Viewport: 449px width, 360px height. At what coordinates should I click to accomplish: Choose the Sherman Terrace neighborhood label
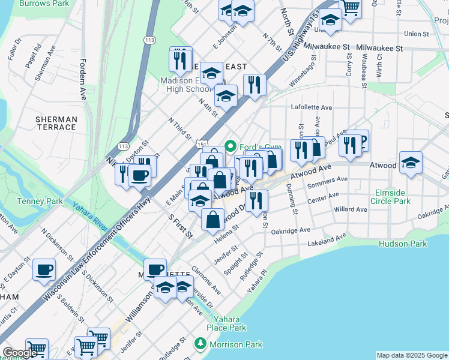click(x=56, y=123)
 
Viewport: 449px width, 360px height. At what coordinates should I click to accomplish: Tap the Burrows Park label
click(x=44, y=3)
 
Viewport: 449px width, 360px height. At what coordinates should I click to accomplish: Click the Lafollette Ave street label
click(x=312, y=107)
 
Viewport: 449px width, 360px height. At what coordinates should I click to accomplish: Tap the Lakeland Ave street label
click(x=327, y=241)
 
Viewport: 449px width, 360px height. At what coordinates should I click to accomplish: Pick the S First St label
click(x=180, y=224)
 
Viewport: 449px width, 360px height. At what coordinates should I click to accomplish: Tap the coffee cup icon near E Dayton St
click(x=44, y=269)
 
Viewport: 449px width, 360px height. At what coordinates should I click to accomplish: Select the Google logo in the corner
click(x=20, y=353)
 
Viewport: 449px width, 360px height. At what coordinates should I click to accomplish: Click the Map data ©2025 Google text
click(x=411, y=355)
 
